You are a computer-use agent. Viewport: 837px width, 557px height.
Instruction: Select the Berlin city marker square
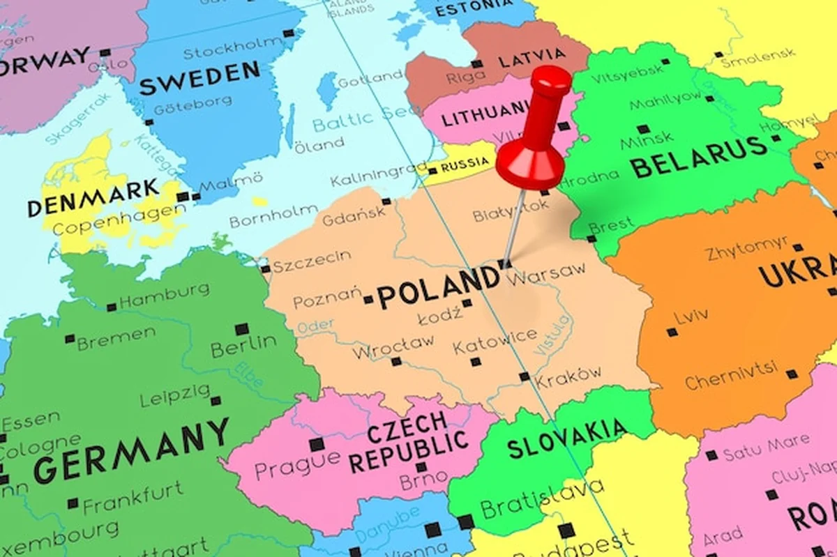point(241,329)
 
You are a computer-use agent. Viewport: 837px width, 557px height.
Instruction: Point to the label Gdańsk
point(353,215)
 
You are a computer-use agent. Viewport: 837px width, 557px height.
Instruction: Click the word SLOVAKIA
point(566,438)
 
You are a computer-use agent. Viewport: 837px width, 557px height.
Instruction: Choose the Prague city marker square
point(317,444)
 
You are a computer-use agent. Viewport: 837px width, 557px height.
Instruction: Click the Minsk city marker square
point(643,129)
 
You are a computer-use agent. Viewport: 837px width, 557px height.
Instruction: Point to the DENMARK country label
point(93,198)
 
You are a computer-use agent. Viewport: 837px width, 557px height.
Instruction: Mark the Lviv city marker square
point(672,332)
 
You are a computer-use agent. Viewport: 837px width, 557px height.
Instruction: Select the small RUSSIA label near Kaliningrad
point(465,164)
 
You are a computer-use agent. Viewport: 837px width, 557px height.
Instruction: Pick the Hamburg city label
point(164,296)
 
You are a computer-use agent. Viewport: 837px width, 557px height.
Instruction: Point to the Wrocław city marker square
point(396,361)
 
